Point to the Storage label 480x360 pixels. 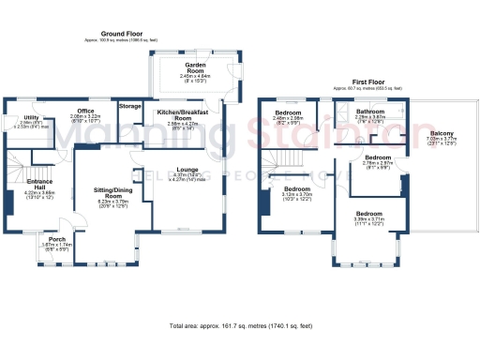coord(129,107)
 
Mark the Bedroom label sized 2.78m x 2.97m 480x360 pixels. coord(378,160)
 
